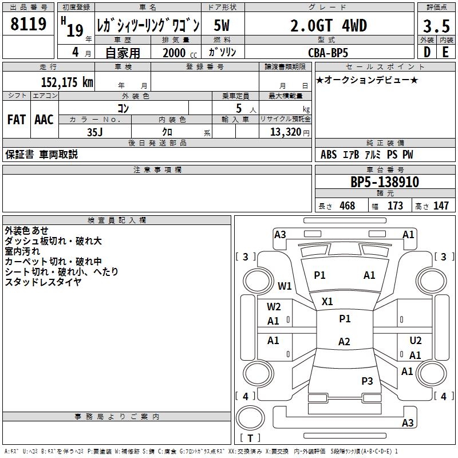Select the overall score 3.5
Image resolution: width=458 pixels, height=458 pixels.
click(x=436, y=26)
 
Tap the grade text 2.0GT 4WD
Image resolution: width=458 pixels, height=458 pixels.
click(x=328, y=26)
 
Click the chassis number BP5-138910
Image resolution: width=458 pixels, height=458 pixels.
click(x=385, y=183)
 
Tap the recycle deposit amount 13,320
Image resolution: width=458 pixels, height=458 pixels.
click(x=286, y=132)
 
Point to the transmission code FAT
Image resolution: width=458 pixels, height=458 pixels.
click(x=17, y=120)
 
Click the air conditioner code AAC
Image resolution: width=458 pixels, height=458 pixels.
click(x=44, y=120)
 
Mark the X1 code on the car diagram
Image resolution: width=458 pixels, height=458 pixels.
click(x=327, y=301)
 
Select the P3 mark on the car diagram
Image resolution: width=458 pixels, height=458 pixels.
click(x=367, y=381)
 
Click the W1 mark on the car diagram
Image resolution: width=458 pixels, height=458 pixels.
click(x=285, y=286)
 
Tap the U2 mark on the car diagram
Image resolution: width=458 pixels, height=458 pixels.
click(x=415, y=341)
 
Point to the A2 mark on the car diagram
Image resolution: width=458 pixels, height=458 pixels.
click(x=343, y=342)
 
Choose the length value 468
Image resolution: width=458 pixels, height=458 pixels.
click(x=347, y=206)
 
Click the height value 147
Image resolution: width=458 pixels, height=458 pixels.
click(x=441, y=206)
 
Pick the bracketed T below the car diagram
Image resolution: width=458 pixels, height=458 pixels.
click(x=250, y=438)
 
